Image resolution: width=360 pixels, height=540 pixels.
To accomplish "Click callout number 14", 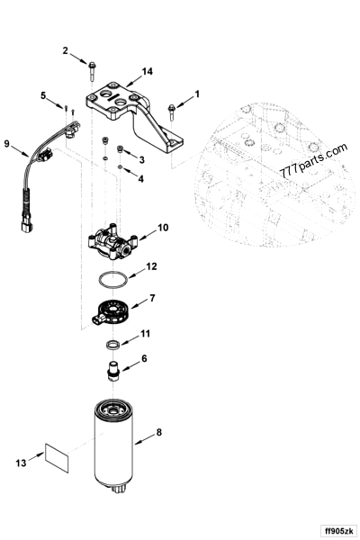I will [x=148, y=71].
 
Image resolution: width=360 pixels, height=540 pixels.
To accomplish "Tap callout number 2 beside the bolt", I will [x=65, y=50].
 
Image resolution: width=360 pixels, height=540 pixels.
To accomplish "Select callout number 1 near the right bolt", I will [x=198, y=93].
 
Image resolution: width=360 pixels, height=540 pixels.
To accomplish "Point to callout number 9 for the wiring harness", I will [x=8, y=143].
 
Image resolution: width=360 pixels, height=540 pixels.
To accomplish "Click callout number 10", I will [x=162, y=228].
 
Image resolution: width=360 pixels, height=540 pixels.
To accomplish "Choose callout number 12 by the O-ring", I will [x=152, y=266].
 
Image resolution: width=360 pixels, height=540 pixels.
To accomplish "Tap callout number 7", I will [x=152, y=297].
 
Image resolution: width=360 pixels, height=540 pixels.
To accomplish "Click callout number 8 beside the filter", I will [x=159, y=433].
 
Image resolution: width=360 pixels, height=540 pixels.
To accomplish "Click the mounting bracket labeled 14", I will [x=135, y=112].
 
